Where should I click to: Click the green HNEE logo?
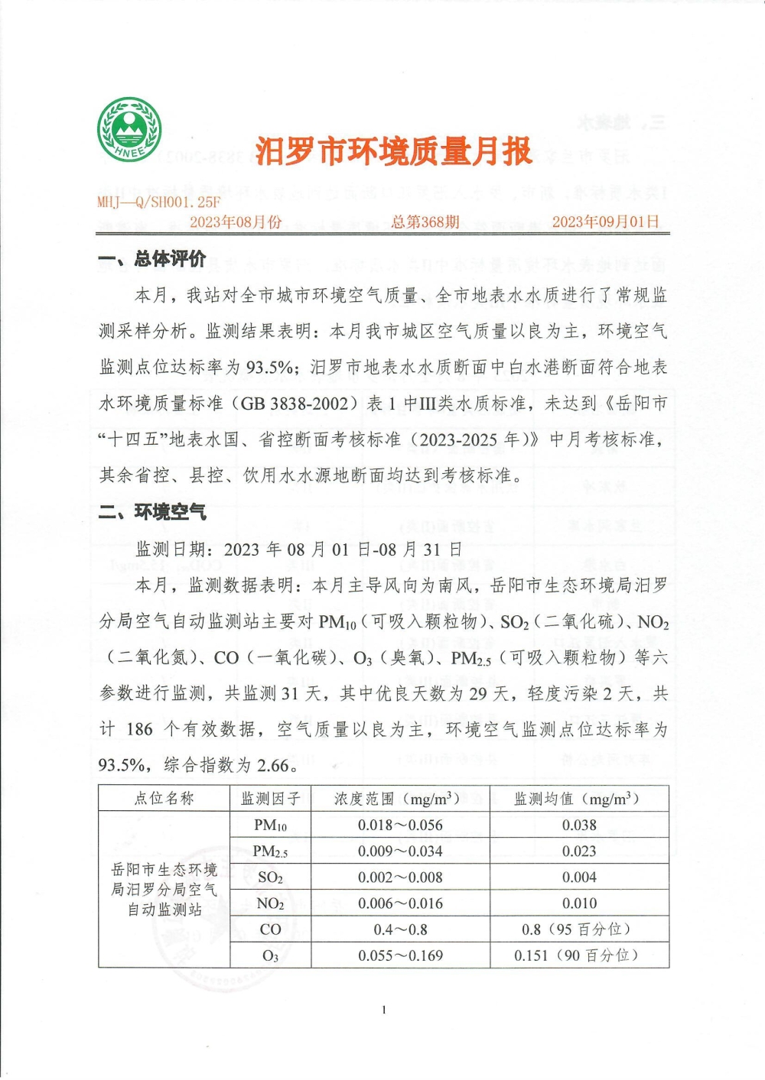129,129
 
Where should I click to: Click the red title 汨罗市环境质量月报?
393,151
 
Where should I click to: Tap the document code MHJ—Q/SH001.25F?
158,202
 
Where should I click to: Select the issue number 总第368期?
425,222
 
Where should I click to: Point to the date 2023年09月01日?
605,222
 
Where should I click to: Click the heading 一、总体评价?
152,259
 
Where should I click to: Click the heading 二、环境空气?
152,511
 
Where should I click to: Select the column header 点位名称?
164,799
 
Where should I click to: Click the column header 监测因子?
271,799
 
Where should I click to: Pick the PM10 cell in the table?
271,825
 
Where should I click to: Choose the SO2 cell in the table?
271,877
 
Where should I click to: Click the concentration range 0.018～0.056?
400,825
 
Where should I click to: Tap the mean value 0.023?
579,851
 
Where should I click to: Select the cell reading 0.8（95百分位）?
579,929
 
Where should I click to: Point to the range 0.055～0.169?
400,955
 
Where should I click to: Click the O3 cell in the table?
271,955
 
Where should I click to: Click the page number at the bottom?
384,1010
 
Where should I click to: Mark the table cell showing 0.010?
579,903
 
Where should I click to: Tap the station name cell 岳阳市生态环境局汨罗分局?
164,890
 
